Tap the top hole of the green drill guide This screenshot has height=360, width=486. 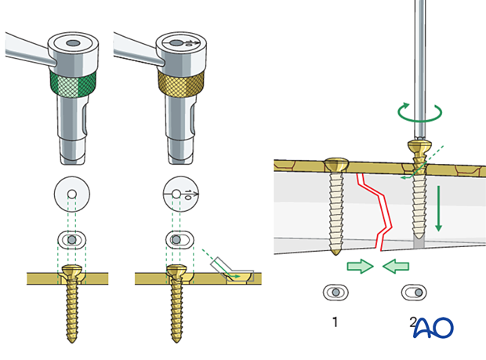click(x=73, y=45)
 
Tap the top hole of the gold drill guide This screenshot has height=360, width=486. click(x=180, y=45)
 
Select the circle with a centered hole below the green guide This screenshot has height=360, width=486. click(x=72, y=192)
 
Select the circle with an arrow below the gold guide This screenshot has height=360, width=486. click(x=181, y=192)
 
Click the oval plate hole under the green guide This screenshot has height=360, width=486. click(x=72, y=238)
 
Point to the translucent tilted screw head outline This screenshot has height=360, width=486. click(x=234, y=271)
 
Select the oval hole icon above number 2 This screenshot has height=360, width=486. click(x=415, y=292)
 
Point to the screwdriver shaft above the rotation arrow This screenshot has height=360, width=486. click(x=420, y=47)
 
